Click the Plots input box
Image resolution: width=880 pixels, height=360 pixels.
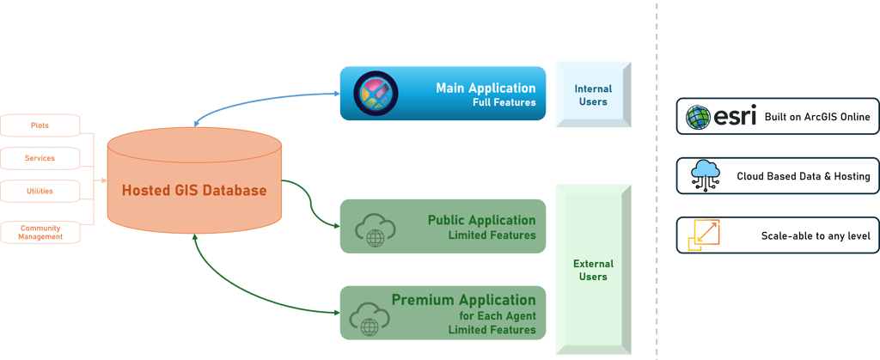pos(40,125)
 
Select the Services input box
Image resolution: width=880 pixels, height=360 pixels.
pos(40,158)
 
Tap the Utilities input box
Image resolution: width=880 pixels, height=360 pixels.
pos(40,191)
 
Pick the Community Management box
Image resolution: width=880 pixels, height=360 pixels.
pos(40,231)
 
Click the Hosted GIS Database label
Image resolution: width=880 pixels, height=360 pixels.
pos(193,190)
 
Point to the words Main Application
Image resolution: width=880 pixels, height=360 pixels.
pos(486,88)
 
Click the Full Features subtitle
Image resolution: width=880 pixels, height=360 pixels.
pos(504,103)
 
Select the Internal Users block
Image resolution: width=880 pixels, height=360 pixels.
pos(592,95)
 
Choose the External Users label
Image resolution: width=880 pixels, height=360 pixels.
pos(592,270)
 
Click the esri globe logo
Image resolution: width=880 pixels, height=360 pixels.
pos(697,117)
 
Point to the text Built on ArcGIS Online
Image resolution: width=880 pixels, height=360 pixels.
pos(817,117)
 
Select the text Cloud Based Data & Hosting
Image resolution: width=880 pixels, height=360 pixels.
pos(804,177)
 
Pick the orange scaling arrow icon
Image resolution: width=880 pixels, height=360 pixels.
pos(705,235)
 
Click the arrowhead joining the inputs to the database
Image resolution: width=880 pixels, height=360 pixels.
pos(101,181)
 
